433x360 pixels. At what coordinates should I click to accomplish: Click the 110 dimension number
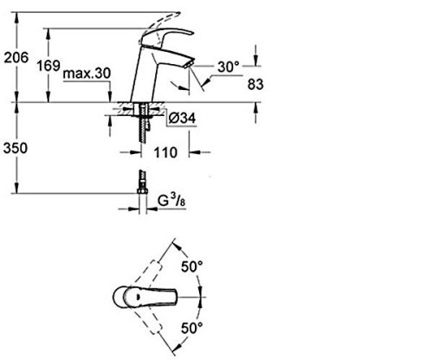pyautogui.click(x=165, y=152)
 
